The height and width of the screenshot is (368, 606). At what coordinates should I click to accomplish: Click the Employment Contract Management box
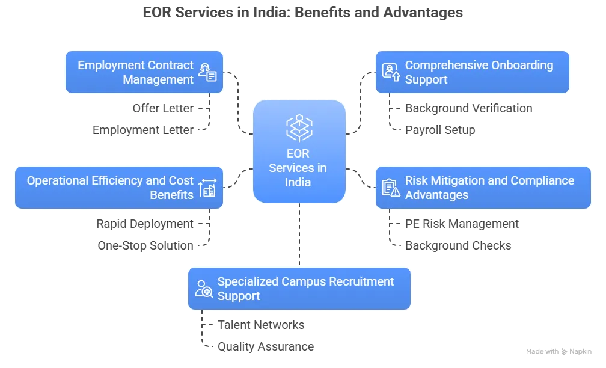tap(144, 72)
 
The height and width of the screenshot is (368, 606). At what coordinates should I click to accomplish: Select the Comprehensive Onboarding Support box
tap(473, 72)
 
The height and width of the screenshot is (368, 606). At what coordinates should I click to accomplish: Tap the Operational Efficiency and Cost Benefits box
tap(119, 188)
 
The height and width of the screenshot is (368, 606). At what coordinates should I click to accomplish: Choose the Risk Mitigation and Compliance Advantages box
tap(483, 188)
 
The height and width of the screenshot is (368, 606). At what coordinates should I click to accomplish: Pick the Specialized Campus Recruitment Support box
tap(299, 289)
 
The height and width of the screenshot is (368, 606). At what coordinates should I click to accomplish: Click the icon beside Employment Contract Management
tap(208, 72)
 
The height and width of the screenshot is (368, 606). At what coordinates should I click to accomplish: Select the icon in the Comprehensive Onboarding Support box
tap(391, 72)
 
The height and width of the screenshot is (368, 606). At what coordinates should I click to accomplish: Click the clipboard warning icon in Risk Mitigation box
tap(391, 188)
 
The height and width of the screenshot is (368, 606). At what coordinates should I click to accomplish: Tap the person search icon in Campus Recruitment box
tap(204, 289)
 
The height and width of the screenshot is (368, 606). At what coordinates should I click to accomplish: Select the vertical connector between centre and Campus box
tap(299, 235)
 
